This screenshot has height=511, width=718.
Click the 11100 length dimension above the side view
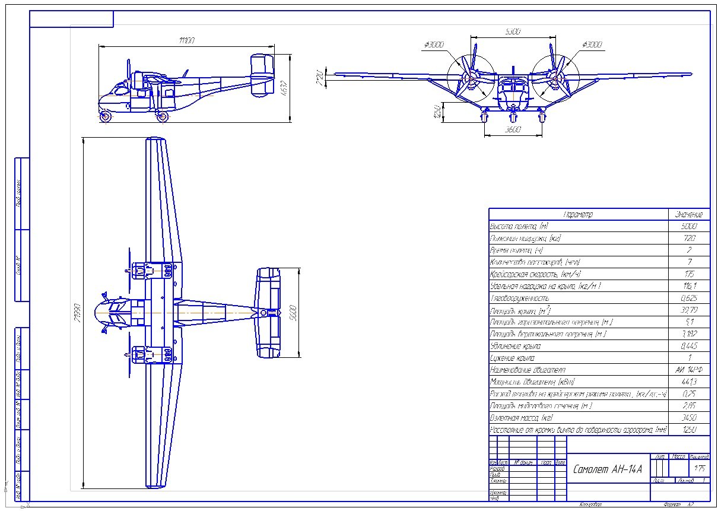[186, 40]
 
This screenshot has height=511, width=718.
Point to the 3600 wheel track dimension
[513, 129]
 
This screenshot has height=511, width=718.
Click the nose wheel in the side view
[106, 116]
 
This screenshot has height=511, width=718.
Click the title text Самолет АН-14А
[608, 469]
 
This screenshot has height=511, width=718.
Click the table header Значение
[688, 214]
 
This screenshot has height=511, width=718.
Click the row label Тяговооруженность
[519, 298]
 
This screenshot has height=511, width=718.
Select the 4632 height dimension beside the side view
[284, 88]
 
